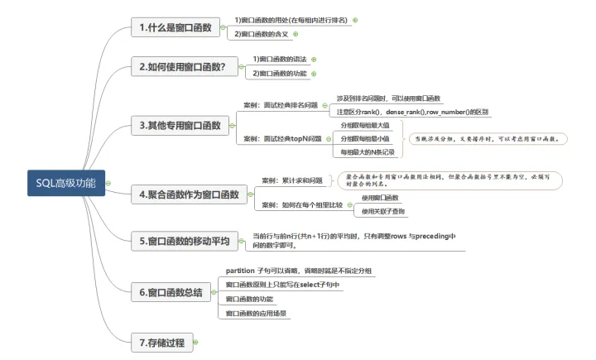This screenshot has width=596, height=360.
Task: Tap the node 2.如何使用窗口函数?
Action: coord(183,67)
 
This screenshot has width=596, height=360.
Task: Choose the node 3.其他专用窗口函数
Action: coord(180,125)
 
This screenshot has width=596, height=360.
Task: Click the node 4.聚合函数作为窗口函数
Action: coord(190,194)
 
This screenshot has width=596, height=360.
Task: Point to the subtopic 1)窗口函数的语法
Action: coord(279,60)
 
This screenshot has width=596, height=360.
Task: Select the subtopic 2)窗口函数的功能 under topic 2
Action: coord(279,74)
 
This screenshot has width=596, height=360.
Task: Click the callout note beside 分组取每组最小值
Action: coord(488,140)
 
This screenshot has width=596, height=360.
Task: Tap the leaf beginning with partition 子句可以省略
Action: coord(298,271)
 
